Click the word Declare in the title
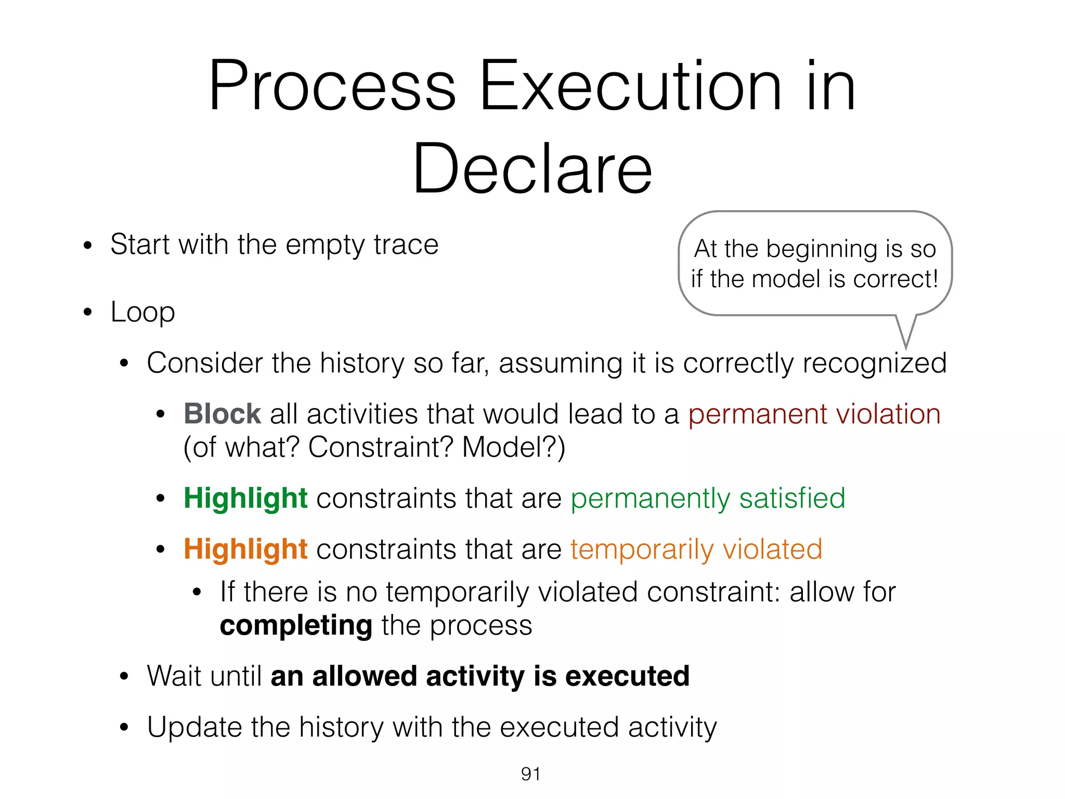[x=532, y=169]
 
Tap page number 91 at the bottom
[x=530, y=774]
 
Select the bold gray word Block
[x=222, y=414]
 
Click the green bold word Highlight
[x=245, y=498]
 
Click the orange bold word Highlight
[x=245, y=549]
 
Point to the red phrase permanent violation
[x=814, y=414]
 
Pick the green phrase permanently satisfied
[x=707, y=498]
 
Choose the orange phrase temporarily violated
[x=696, y=549]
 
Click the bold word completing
[x=295, y=625]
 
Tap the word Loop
[x=142, y=312]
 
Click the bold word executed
[x=627, y=676]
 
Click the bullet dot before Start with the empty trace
[x=87, y=245]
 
